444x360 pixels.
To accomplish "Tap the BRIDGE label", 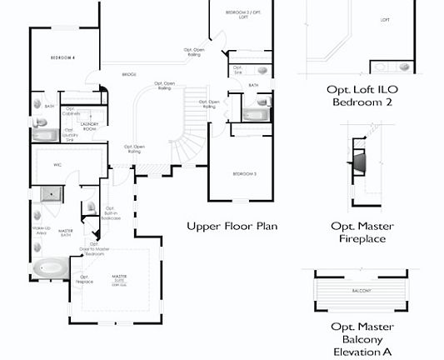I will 129,74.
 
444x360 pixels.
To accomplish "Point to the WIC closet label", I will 57,165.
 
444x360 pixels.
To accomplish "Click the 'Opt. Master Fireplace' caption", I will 362,233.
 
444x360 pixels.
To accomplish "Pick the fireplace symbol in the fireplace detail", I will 357,160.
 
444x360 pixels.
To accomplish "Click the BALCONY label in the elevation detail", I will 361,290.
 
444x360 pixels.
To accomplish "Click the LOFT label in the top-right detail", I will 385,19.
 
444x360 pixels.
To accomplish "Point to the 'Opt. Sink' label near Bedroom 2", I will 237,70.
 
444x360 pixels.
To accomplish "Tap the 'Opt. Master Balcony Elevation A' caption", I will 362,338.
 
